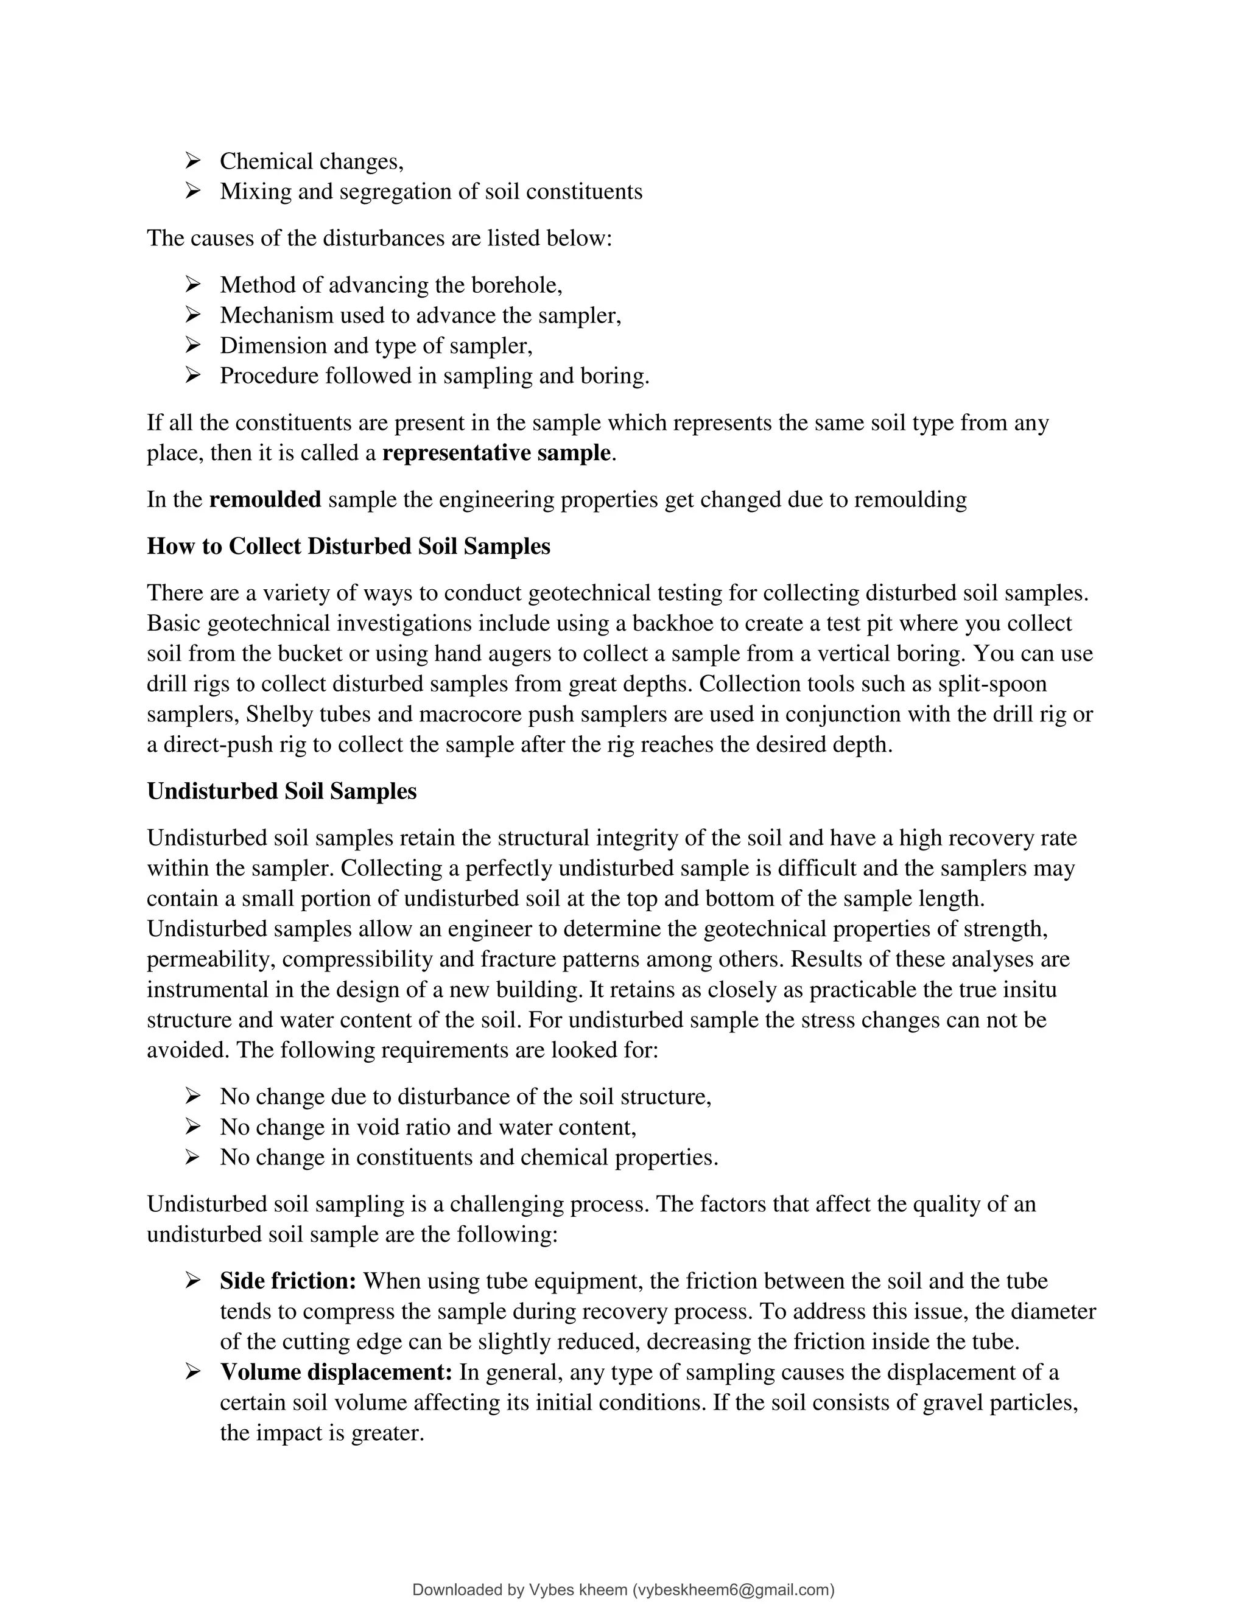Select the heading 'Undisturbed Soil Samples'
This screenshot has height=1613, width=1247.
coord(281,791)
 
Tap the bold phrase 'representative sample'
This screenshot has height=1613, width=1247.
coord(496,453)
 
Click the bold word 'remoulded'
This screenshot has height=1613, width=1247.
coord(265,499)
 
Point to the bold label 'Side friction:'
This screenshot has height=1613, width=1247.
coord(288,1281)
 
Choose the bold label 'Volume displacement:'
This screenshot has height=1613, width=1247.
coord(336,1372)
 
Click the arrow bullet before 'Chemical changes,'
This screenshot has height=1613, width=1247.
coord(193,160)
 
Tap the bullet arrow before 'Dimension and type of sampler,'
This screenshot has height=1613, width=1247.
coord(193,345)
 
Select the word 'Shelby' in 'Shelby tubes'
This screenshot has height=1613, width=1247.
coord(278,714)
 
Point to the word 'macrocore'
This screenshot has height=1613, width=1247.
coord(440,714)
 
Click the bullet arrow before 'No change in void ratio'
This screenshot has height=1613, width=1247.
coord(193,1127)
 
